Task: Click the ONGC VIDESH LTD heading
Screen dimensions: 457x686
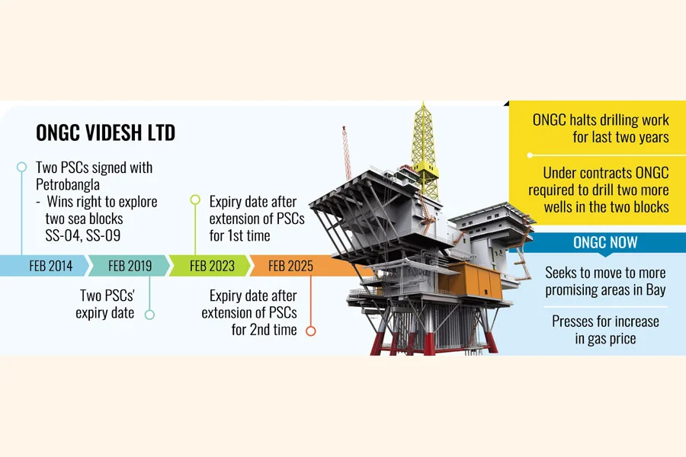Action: point(105,133)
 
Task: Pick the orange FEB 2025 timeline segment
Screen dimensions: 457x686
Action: point(290,266)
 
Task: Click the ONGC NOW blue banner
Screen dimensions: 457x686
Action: point(605,243)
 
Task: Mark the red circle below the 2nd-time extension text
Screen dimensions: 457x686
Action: point(310,331)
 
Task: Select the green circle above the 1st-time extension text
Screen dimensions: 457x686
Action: point(195,199)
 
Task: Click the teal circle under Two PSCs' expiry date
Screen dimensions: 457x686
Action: point(149,314)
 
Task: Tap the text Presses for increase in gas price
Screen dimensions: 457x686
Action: point(605,330)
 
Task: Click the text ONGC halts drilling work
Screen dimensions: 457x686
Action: point(601,120)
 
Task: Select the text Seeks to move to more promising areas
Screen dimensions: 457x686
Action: point(605,281)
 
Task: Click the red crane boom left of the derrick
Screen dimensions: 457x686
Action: point(345,152)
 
